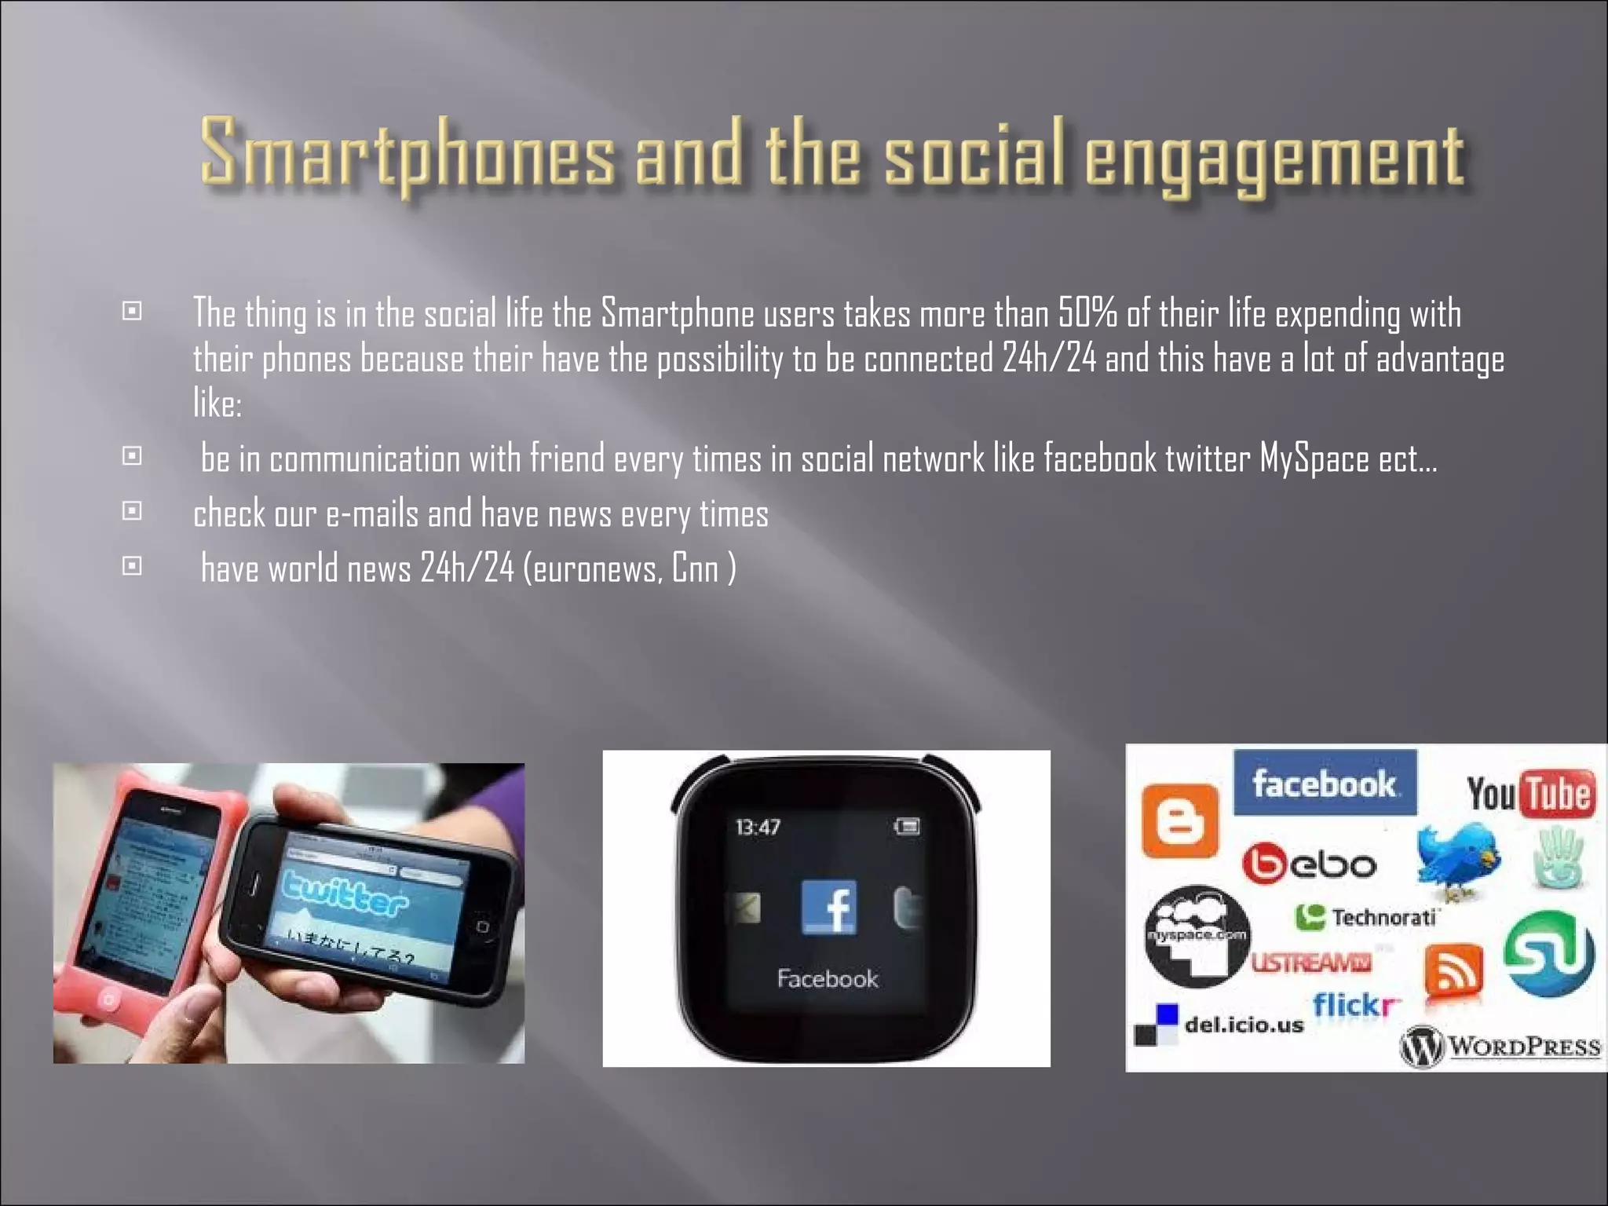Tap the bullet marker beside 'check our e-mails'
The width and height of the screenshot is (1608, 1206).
pos(132,511)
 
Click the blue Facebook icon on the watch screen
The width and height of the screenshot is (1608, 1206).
pos(828,907)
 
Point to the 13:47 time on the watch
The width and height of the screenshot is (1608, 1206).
pos(758,827)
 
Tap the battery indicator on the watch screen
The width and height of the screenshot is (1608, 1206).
pos(907,826)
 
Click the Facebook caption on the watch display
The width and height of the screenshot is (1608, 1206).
pos(828,978)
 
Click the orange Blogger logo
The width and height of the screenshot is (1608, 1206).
pos(1179,820)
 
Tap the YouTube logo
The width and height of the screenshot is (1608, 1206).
pos(1529,793)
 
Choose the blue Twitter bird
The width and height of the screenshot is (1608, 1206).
pos(1458,860)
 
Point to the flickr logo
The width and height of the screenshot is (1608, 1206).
pos(1356,1005)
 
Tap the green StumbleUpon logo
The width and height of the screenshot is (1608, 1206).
pos(1549,952)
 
